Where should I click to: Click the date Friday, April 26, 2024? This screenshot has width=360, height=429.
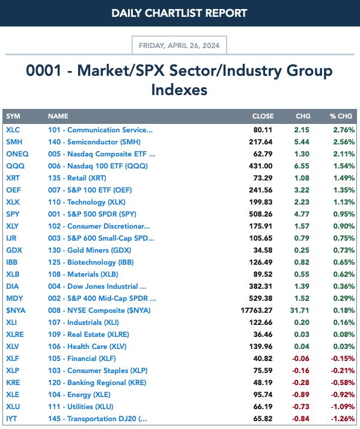pyautogui.click(x=179, y=45)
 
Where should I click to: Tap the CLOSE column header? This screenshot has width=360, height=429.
pyautogui.click(x=263, y=116)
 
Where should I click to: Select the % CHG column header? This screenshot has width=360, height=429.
pyautogui.click(x=341, y=116)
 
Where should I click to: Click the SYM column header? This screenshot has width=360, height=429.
pyautogui.click(x=13, y=116)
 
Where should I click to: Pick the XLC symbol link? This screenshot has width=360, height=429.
pyautogui.click(x=13, y=130)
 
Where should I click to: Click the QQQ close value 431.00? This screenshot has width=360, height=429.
pyautogui.click(x=260, y=166)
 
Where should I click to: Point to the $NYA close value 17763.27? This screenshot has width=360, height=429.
pyautogui.click(x=257, y=310)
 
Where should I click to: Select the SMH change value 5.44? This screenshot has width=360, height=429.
pyautogui.click(x=302, y=142)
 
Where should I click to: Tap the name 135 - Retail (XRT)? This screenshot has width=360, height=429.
pyautogui.click(x=77, y=178)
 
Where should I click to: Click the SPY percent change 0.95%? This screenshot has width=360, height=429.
pyautogui.click(x=344, y=214)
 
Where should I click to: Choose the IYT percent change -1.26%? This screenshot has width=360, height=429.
pyautogui.click(x=343, y=419)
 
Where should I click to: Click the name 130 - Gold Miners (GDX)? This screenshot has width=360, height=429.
pyautogui.click(x=90, y=250)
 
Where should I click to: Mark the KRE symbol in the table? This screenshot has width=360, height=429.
pyautogui.click(x=13, y=383)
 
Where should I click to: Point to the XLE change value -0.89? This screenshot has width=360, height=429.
pyautogui.click(x=301, y=395)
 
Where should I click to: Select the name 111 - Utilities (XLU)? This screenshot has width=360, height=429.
pyautogui.click(x=81, y=407)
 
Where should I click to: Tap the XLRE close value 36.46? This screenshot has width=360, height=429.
pyautogui.click(x=263, y=335)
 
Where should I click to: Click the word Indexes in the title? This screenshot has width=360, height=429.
pyautogui.click(x=179, y=90)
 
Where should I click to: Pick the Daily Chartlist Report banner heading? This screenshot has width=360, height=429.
pyautogui.click(x=179, y=13)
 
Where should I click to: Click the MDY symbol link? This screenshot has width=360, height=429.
pyautogui.click(x=14, y=298)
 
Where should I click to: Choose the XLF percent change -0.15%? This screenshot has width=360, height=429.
pyautogui.click(x=343, y=359)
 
